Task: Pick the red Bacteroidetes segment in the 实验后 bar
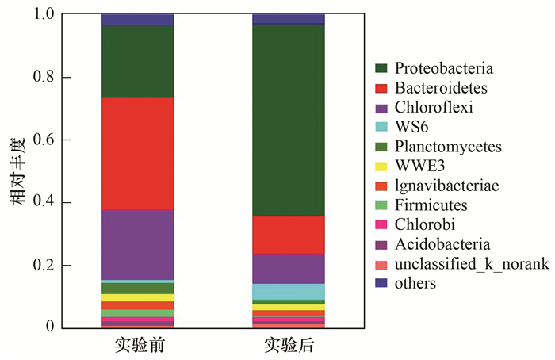tap(288, 235)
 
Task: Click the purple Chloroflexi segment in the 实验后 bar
tap(288, 268)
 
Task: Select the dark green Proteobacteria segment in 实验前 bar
tap(137, 62)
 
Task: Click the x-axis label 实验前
tap(138, 347)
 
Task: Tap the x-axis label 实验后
tap(288, 347)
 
